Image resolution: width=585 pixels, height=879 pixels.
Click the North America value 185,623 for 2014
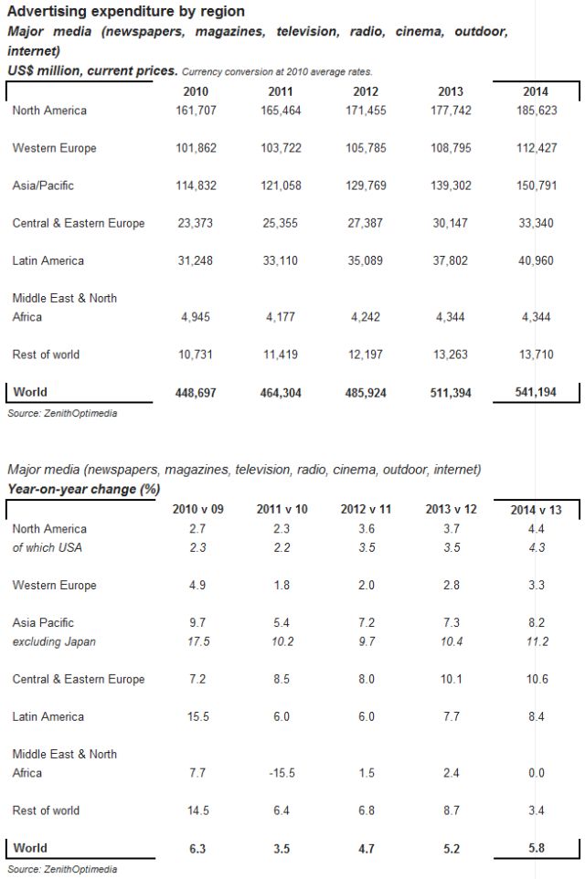tap(536, 111)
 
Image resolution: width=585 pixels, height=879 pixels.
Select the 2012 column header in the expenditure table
tap(366, 91)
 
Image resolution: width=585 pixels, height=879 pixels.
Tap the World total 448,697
tap(196, 393)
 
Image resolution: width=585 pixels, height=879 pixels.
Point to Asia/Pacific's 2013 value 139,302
tap(451, 185)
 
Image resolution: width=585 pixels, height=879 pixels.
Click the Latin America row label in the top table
tap(48, 260)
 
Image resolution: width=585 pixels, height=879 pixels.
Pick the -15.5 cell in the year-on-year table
tap(281, 773)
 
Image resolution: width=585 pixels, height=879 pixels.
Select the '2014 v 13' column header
tap(536, 510)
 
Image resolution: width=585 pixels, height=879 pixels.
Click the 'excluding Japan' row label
tap(54, 641)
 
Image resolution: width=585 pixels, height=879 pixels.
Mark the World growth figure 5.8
tap(536, 849)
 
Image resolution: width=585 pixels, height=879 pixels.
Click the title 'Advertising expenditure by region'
tap(126, 12)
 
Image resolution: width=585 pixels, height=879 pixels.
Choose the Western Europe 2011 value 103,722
tap(281, 148)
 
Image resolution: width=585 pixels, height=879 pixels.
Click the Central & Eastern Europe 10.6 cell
tap(536, 679)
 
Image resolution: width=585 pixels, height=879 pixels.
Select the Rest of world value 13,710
tap(536, 355)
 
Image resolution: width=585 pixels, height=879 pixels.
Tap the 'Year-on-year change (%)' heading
tap(83, 489)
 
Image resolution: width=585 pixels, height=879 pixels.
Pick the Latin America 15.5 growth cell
tap(197, 716)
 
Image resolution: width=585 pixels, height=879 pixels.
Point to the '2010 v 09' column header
tap(197, 510)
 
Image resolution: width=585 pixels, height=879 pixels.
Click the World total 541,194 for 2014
tap(536, 393)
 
